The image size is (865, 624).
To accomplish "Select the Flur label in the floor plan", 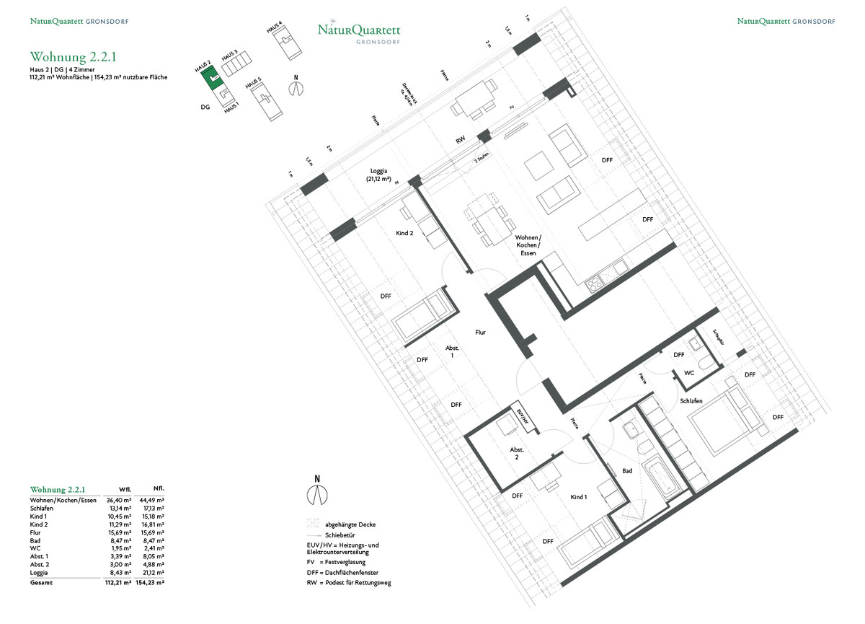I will tap(481, 333).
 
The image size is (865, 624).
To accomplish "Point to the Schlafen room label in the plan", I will tap(691, 400).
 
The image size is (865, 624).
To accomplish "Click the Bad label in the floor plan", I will tap(627, 470).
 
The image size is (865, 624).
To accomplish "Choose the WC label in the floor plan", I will tap(688, 373).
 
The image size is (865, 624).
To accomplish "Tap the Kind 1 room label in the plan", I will tap(580, 497).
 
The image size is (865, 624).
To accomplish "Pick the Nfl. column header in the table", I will tap(149, 488).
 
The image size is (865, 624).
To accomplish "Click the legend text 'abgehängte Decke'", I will tap(350, 524).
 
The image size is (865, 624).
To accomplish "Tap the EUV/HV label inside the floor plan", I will tap(523, 417).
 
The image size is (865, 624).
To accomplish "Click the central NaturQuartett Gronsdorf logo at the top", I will tap(359, 32).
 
